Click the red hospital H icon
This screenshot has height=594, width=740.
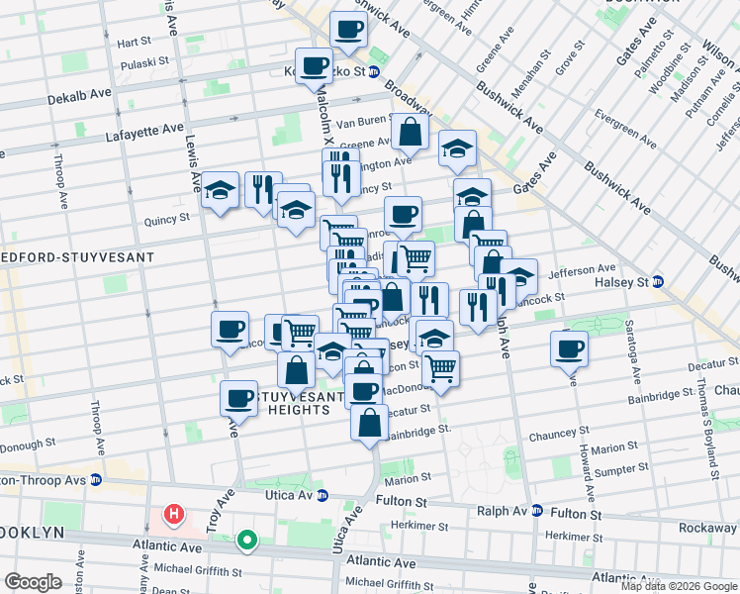point(174,514)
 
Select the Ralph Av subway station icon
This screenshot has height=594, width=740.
point(537,511)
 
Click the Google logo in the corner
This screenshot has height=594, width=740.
point(34,582)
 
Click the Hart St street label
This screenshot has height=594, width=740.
point(134,44)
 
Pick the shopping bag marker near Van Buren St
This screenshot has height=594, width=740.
point(410,132)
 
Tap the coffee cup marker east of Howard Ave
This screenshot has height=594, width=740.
point(570,349)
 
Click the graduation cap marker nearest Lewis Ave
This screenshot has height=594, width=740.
point(220,190)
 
